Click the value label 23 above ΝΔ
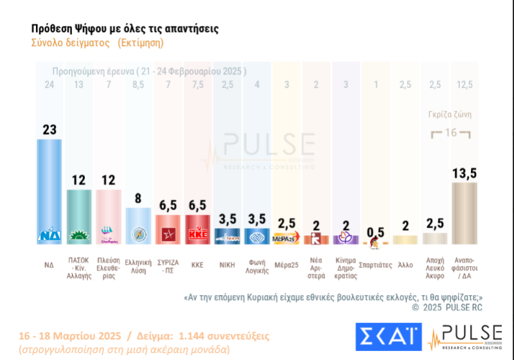tap(49, 129)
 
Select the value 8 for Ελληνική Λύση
tap(137, 197)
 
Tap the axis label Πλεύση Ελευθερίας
tap(108, 268)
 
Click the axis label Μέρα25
tap(285, 264)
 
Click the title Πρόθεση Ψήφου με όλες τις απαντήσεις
tap(125, 29)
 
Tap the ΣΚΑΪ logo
tap(388, 337)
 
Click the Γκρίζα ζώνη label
tap(450, 115)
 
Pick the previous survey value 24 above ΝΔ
tap(49, 85)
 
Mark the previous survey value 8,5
tap(137, 85)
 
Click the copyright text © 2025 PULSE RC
tap(447, 308)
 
